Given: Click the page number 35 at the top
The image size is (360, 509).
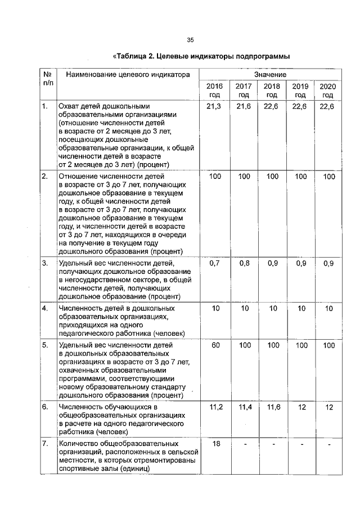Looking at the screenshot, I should click(190, 40).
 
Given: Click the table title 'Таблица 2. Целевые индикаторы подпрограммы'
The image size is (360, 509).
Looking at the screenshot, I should click(201, 57).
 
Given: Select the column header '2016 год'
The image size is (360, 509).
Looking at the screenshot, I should click(215, 90).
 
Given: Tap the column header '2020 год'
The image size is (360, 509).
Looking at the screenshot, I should click(328, 90).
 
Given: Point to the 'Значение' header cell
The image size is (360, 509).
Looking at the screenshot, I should click(271, 74).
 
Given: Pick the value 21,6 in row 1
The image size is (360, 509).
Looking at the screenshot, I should click(243, 106).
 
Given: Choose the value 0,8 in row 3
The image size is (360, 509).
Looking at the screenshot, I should click(244, 263).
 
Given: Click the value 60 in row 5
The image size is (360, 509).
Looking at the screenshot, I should click(215, 345).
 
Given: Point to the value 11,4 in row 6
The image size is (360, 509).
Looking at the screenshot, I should click(244, 407).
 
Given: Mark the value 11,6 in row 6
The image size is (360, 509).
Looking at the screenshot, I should click(272, 407).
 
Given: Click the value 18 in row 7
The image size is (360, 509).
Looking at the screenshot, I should click(215, 444).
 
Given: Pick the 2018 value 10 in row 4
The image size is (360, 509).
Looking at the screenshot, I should click(272, 308).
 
